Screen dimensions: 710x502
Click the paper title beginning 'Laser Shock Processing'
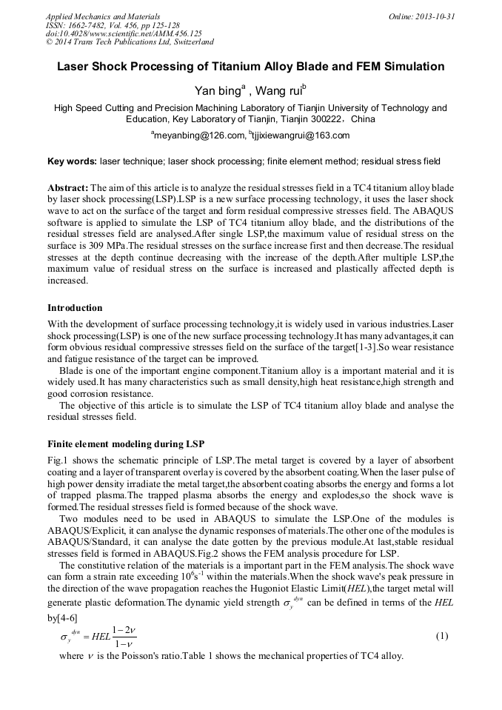(251, 67)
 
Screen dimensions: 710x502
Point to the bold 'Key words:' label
(72, 161)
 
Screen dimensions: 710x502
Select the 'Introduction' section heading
(75, 307)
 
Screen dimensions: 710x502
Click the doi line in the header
(123, 34)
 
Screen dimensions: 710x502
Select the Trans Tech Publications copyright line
(130, 43)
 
